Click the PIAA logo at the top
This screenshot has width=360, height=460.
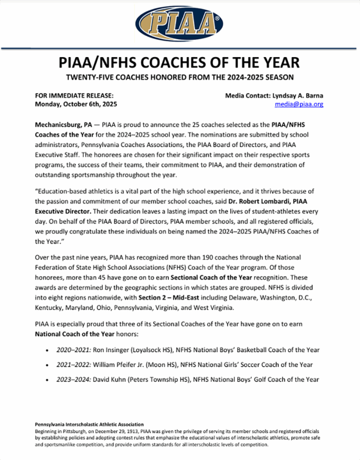pos(180,22)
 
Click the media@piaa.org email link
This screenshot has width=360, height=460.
pos(299,104)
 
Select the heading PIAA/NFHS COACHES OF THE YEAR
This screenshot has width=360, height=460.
pos(180,62)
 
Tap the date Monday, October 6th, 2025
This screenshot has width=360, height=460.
pos(76,104)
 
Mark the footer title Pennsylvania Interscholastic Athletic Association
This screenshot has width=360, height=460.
pos(89,424)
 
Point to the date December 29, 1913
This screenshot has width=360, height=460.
pos(118,430)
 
